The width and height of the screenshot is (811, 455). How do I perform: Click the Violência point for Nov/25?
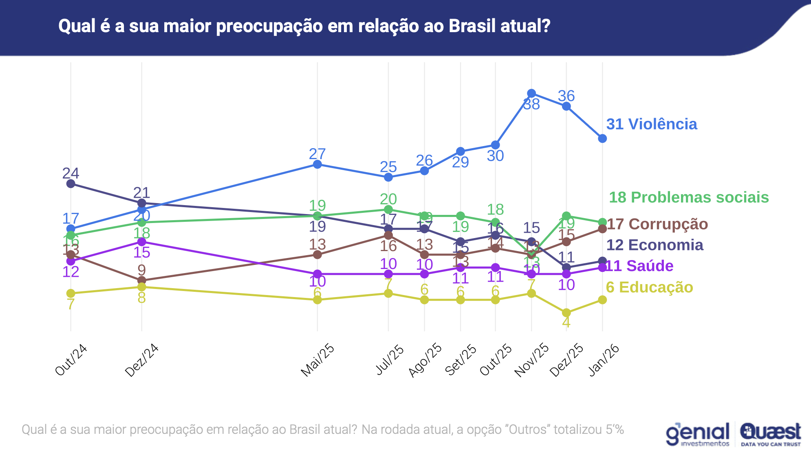pos(531,93)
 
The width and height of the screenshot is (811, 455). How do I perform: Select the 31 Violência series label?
pos(651,124)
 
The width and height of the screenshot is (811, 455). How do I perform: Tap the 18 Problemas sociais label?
pos(688,197)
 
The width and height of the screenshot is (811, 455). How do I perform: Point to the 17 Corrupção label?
pos(657,224)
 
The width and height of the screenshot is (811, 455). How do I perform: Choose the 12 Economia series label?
pos(655,245)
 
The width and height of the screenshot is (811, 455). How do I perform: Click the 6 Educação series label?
pos(649,287)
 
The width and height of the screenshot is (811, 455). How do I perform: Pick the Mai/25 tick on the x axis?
pos(317,360)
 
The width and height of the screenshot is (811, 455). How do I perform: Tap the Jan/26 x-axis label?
pos(604,360)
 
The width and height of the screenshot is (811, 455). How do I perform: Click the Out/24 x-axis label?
pos(71,360)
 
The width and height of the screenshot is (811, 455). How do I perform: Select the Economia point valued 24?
pos(71,184)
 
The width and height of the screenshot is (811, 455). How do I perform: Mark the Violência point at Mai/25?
pos(317,164)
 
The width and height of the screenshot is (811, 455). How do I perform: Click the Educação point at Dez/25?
pos(566,313)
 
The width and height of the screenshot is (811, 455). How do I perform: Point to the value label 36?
pos(566,96)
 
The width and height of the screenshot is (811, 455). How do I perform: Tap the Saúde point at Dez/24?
pos(142,242)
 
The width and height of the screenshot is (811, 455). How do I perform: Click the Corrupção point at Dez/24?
pos(142,280)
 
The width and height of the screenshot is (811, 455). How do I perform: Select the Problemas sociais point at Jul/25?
pos(388,210)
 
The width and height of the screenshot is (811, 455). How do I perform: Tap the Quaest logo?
pos(770,434)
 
